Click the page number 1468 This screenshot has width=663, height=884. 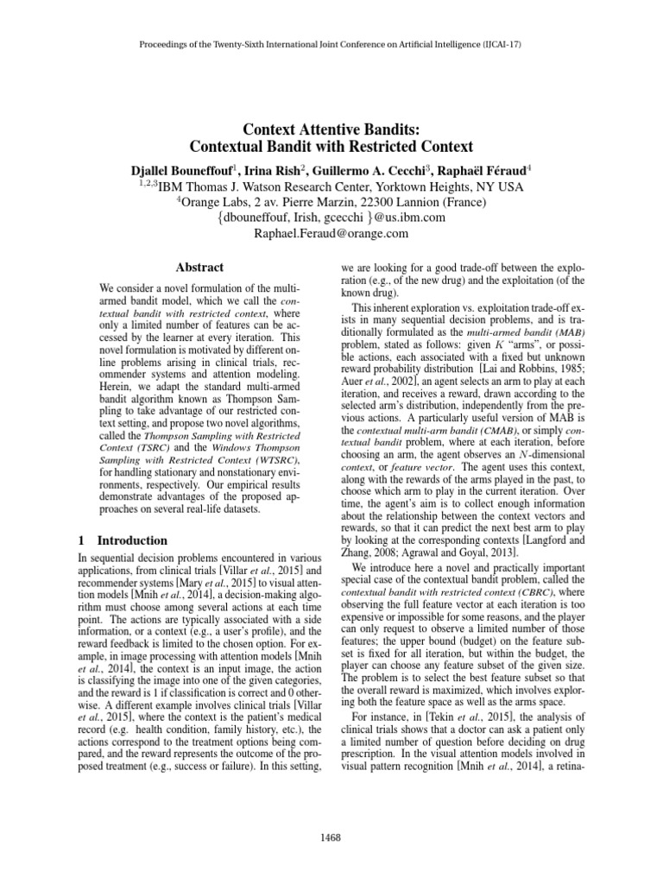tap(331, 837)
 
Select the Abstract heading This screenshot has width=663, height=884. tap(199, 268)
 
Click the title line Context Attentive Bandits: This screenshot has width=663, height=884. tap(331, 128)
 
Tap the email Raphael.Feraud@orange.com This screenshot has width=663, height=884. tap(331, 233)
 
